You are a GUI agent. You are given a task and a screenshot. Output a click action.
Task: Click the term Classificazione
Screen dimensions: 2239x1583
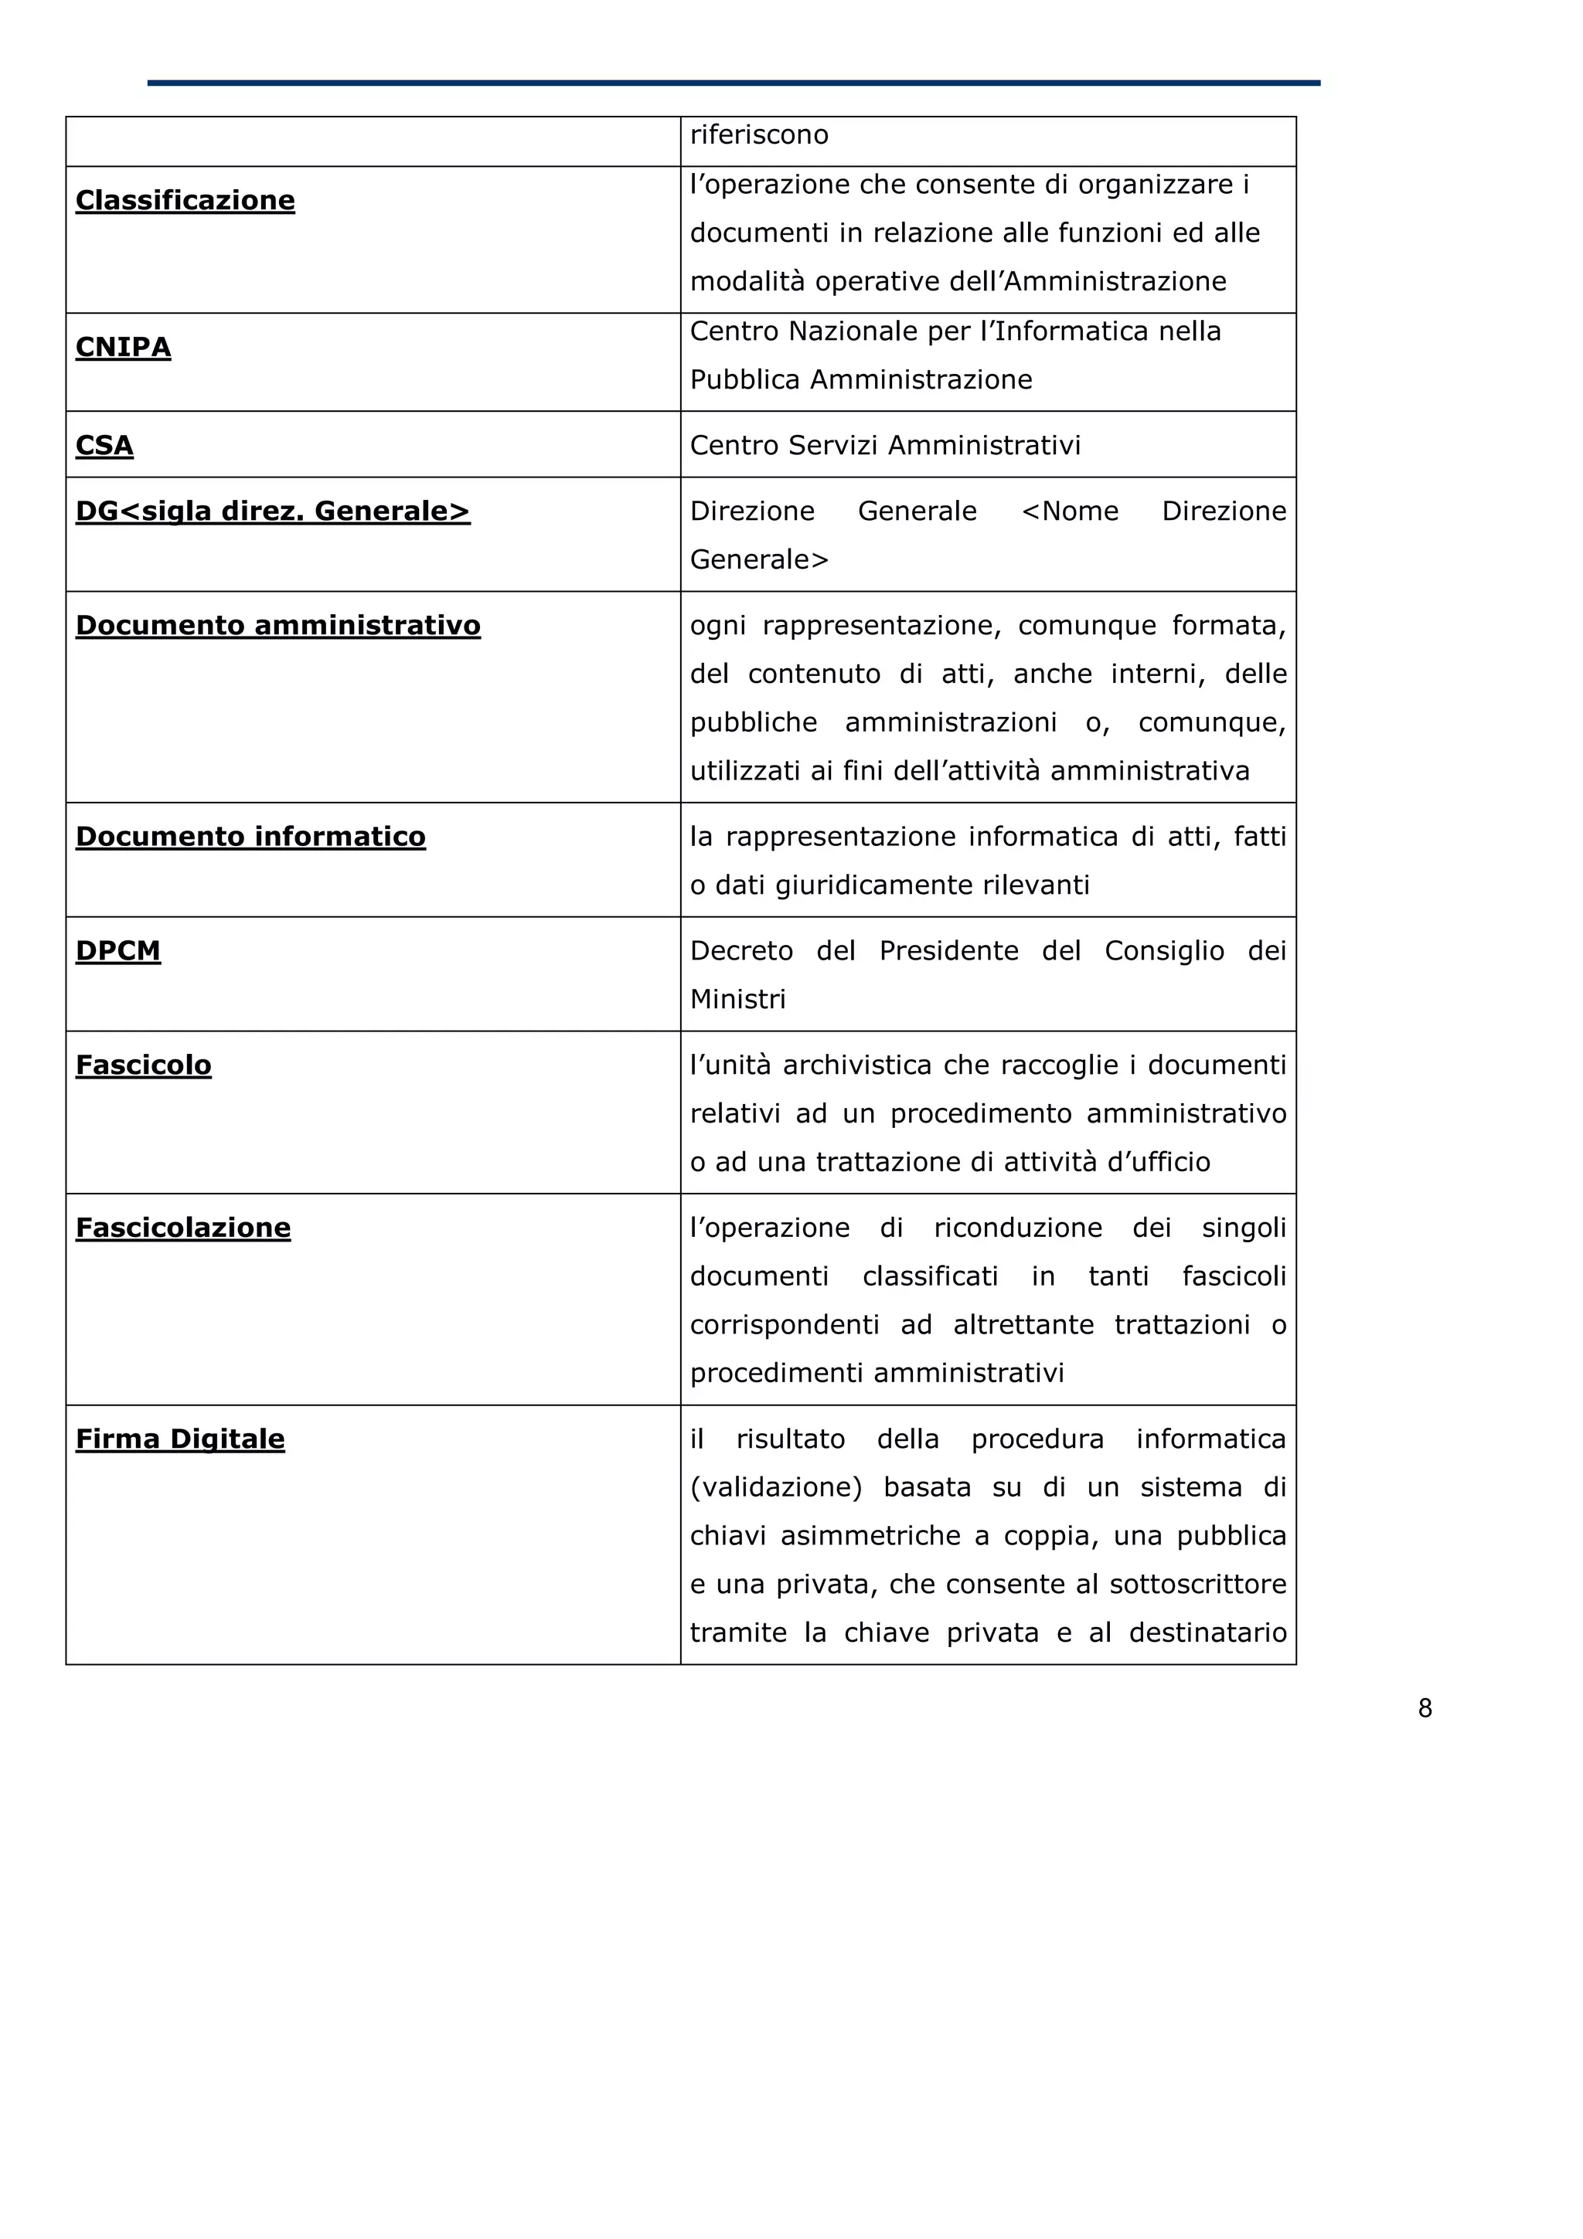pyautogui.click(x=186, y=200)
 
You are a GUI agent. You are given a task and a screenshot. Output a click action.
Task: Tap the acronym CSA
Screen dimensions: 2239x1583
pyautogui.click(x=104, y=446)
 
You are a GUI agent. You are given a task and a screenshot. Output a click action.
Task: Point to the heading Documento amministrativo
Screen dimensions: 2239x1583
pyautogui.click(x=278, y=625)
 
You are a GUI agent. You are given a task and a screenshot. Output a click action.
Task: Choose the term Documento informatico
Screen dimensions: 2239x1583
pyautogui.click(x=250, y=837)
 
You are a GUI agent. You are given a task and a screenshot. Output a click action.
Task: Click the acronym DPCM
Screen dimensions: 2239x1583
pyautogui.click(x=118, y=951)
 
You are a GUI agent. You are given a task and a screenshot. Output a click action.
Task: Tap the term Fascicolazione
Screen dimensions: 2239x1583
pyautogui.click(x=183, y=1228)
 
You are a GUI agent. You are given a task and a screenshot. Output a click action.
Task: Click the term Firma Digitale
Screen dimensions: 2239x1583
pyautogui.click(x=180, y=1439)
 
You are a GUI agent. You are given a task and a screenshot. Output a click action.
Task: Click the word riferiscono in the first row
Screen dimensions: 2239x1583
pyautogui.click(x=759, y=134)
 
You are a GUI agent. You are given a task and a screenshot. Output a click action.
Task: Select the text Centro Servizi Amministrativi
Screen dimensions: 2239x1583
pyautogui.click(x=885, y=446)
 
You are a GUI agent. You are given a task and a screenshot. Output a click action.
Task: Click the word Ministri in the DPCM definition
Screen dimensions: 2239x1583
pyautogui.click(x=737, y=1000)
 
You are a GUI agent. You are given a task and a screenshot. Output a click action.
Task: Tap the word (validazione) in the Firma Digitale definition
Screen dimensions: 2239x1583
pyautogui.click(x=775, y=1488)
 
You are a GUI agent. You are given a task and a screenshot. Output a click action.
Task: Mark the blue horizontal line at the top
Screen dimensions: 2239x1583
pyautogui.click(x=734, y=83)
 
